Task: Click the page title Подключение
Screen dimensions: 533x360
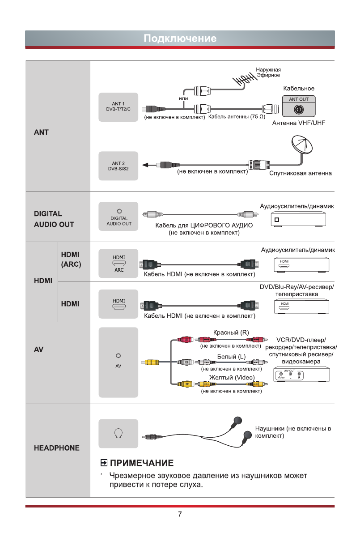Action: coord(180,38)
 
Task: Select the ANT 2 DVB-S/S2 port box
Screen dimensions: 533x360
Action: coord(119,166)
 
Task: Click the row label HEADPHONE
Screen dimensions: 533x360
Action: coord(56,448)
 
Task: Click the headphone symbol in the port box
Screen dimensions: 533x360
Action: coord(119,433)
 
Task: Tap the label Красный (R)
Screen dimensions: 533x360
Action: coord(231,332)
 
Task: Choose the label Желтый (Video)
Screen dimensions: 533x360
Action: coord(232,377)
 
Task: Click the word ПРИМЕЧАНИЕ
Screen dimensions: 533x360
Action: coord(142,462)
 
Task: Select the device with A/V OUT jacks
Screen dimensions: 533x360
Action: coord(301,375)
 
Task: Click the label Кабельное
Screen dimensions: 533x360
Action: coord(299,88)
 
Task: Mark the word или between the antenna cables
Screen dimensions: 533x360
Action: coord(183,98)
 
